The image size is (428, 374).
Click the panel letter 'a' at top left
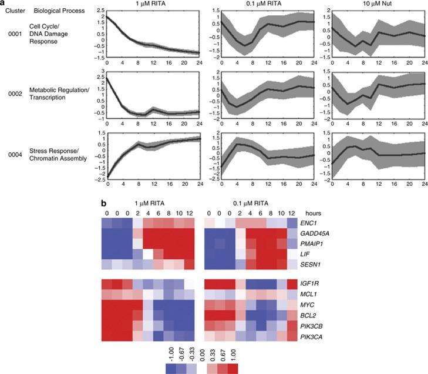4,4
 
